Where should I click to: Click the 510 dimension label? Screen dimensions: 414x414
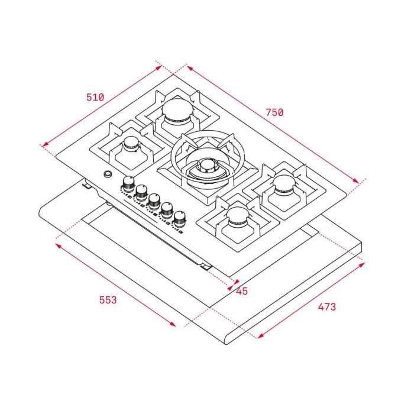click(x=95, y=98)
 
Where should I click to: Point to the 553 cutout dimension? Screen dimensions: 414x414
click(x=108, y=300)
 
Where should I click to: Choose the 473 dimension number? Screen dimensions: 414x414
click(x=326, y=307)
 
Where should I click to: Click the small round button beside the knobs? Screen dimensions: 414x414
click(x=108, y=174)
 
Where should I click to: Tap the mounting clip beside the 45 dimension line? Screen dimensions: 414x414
click(x=205, y=267)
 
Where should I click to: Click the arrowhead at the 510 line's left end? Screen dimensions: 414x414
click(x=43, y=144)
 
